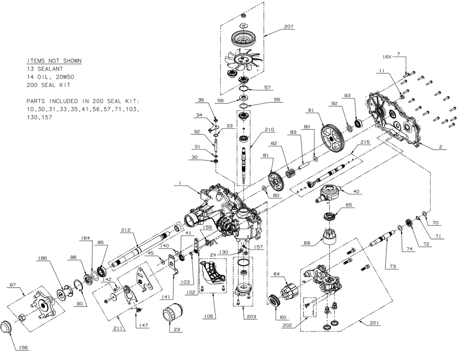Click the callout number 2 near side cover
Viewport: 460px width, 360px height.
[440, 147]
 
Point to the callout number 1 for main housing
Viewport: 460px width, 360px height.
[178, 183]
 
